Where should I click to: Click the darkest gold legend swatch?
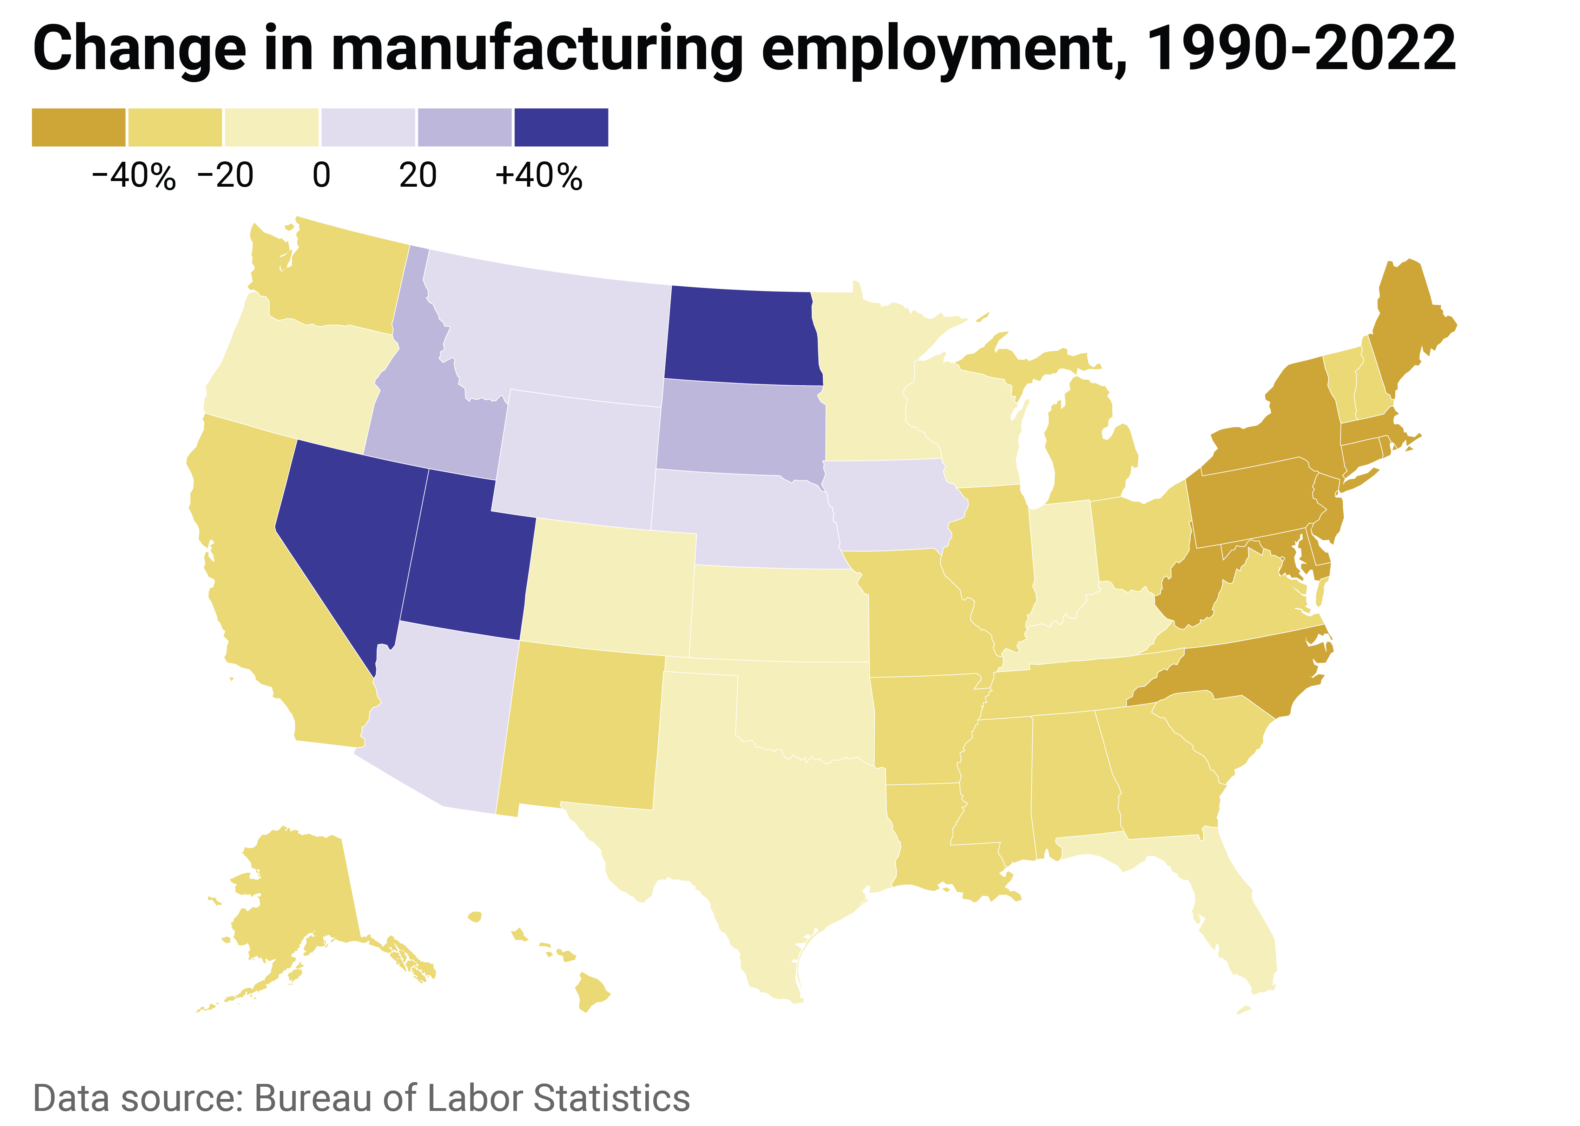coord(78,128)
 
